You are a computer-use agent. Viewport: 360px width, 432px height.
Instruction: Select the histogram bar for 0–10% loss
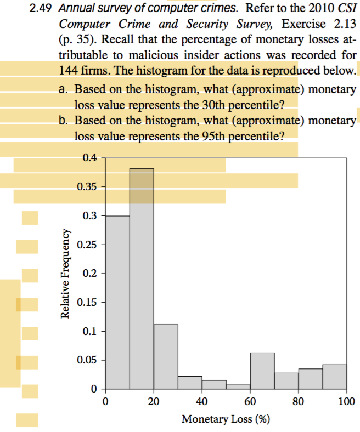(117, 302)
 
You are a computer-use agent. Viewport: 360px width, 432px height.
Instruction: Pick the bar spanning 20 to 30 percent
(166, 356)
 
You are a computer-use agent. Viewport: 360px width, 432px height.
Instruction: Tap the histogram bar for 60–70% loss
(262, 371)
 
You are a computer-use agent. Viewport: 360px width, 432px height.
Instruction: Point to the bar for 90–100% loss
(335, 377)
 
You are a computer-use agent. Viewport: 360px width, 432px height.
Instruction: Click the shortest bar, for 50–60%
(238, 386)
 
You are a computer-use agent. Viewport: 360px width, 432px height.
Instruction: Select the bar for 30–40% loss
(190, 382)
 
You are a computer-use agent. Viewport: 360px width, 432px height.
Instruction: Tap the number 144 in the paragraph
(69, 71)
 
